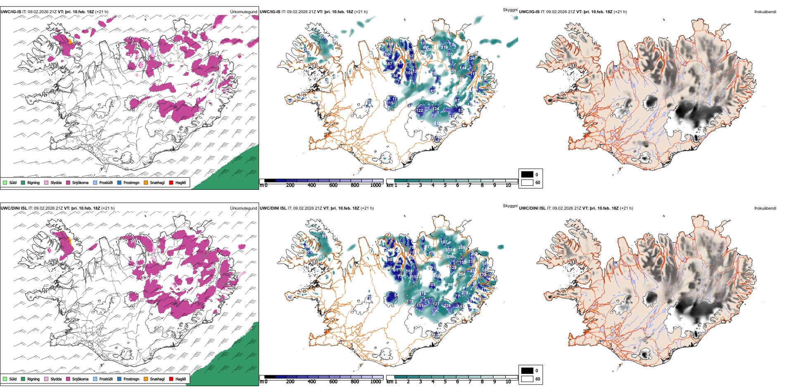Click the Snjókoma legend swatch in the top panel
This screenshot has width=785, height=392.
click(x=68, y=182)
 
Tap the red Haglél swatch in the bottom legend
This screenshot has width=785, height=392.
click(x=171, y=379)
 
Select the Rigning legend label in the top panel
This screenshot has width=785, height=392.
click(x=33, y=182)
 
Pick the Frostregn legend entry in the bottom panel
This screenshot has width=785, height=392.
click(x=131, y=379)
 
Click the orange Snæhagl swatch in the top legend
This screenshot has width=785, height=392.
click(x=146, y=182)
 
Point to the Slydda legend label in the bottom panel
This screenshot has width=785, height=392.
click(x=56, y=379)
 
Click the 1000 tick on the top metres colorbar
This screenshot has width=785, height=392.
click(x=376, y=185)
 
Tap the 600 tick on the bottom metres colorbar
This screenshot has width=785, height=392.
click(x=333, y=382)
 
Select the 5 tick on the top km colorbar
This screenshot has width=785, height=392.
click(x=445, y=185)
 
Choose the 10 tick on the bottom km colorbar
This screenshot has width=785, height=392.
click(x=508, y=382)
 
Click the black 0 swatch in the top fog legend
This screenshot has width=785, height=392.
click(x=527, y=175)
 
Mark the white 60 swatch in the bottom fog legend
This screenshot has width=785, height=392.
click(x=527, y=379)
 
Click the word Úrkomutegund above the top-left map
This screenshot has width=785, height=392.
click(x=243, y=12)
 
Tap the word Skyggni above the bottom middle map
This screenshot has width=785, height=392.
click(x=510, y=206)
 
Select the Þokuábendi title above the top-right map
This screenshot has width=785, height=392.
click(x=765, y=12)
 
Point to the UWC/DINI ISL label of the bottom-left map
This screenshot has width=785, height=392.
click(x=14, y=208)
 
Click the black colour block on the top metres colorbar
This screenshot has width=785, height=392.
click(x=270, y=180)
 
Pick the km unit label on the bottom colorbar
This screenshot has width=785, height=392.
click(x=390, y=382)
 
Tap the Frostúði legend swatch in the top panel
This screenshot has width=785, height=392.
click(x=95, y=182)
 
